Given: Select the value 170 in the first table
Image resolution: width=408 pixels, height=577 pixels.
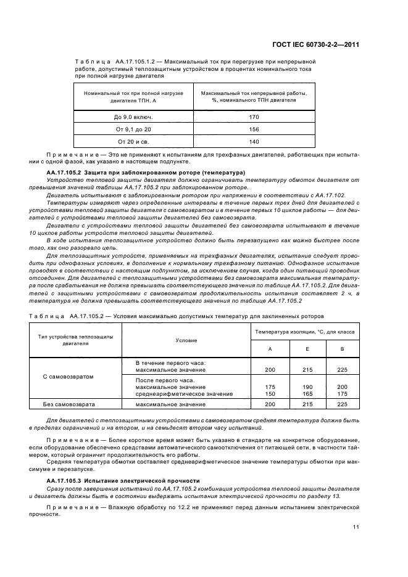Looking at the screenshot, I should [254, 117].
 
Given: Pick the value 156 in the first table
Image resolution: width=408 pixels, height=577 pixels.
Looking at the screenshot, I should [254, 129].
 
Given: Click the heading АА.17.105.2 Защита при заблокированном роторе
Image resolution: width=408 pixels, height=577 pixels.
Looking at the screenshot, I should [146, 171].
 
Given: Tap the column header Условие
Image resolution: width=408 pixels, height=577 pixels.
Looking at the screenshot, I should [186, 340].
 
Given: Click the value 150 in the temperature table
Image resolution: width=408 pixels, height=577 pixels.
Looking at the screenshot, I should [270, 393].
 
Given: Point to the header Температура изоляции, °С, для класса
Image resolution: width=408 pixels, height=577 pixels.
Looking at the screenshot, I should [305, 332].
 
